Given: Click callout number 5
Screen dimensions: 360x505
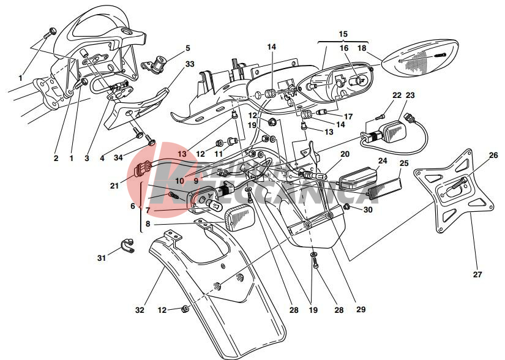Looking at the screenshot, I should click(188, 48).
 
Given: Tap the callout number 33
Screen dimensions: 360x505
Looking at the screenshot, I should click(190, 64).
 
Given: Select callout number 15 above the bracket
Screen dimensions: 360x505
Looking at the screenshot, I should click(343, 34).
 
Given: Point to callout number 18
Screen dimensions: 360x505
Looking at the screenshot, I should click(362, 48).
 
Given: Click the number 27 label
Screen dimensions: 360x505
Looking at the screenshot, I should click(477, 275).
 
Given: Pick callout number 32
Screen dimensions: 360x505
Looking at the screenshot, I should click(140, 310).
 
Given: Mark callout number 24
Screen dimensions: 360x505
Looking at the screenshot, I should click(383, 162).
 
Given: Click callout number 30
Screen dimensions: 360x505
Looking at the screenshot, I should click(368, 210).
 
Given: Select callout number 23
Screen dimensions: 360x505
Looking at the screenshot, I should click(410, 96).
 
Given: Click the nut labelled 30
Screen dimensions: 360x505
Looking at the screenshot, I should click(346, 209).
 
